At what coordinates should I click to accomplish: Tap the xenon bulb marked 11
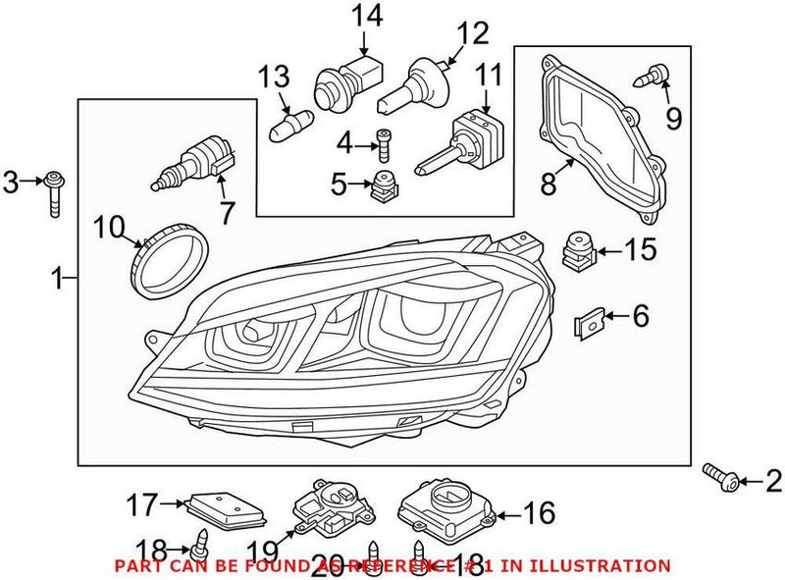pyautogui.click(x=462, y=140)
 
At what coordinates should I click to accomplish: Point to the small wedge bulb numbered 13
pyautogui.click(x=289, y=125)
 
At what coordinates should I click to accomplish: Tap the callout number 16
pyautogui.click(x=541, y=512)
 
